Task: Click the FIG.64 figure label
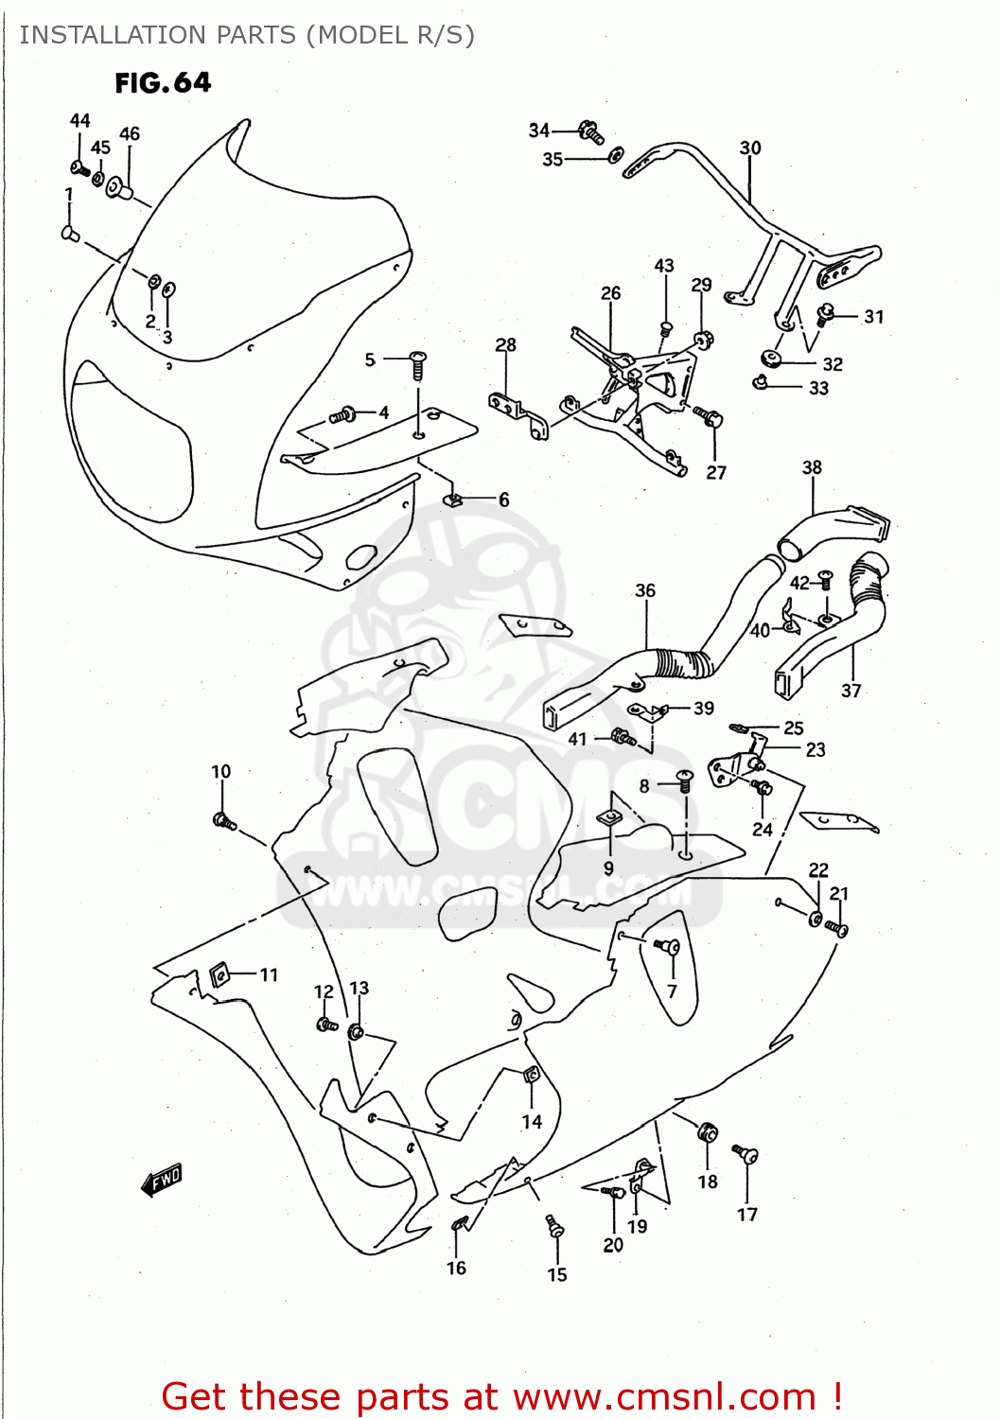point(163,83)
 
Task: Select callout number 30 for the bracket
point(749,148)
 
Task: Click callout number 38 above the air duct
point(812,467)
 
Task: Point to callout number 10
point(220,771)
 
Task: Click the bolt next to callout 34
point(591,131)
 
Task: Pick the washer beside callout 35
point(616,155)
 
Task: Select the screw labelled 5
point(418,363)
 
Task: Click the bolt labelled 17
point(746,1155)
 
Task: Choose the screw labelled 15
point(555,1227)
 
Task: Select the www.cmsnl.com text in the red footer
point(664,1396)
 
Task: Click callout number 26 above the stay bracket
point(611,293)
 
